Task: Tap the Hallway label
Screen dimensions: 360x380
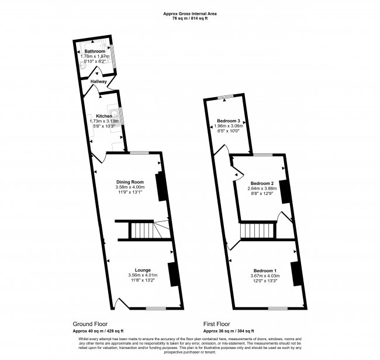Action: pyautogui.click(x=90, y=81)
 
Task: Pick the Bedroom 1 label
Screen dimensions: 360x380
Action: pyautogui.click(x=263, y=270)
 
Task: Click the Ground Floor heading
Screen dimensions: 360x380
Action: pyautogui.click(x=89, y=324)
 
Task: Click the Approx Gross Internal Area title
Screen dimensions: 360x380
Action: pyautogui.click(x=190, y=13)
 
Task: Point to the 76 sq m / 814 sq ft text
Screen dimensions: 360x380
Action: pyautogui.click(x=190, y=19)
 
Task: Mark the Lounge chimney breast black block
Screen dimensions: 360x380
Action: pyautogui.click(x=174, y=274)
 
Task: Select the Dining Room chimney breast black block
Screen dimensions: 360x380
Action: pyautogui.click(x=160, y=186)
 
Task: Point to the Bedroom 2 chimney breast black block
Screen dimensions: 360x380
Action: pyautogui.click(x=285, y=191)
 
